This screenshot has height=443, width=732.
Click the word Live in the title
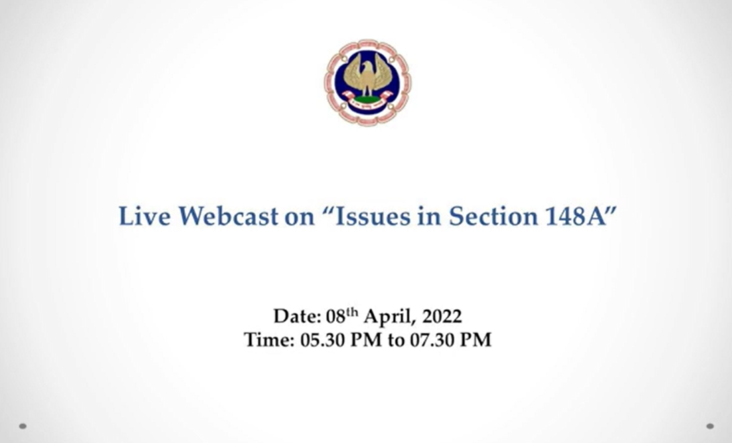pyautogui.click(x=144, y=216)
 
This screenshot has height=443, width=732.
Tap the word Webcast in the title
pyautogui.click(x=228, y=216)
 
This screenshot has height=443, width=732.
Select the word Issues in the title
pyautogui.click(x=373, y=216)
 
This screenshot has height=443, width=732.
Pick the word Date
pyautogui.click(x=297, y=316)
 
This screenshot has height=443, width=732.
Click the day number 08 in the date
pyautogui.click(x=335, y=316)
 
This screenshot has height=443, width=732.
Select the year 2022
pyautogui.click(x=442, y=316)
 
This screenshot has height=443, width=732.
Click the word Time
pyautogui.click(x=269, y=339)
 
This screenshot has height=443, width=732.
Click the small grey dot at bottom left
pyautogui.click(x=22, y=426)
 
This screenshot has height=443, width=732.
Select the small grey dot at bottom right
pyautogui.click(x=710, y=426)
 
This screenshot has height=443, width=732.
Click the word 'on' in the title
pyautogui.click(x=299, y=218)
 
